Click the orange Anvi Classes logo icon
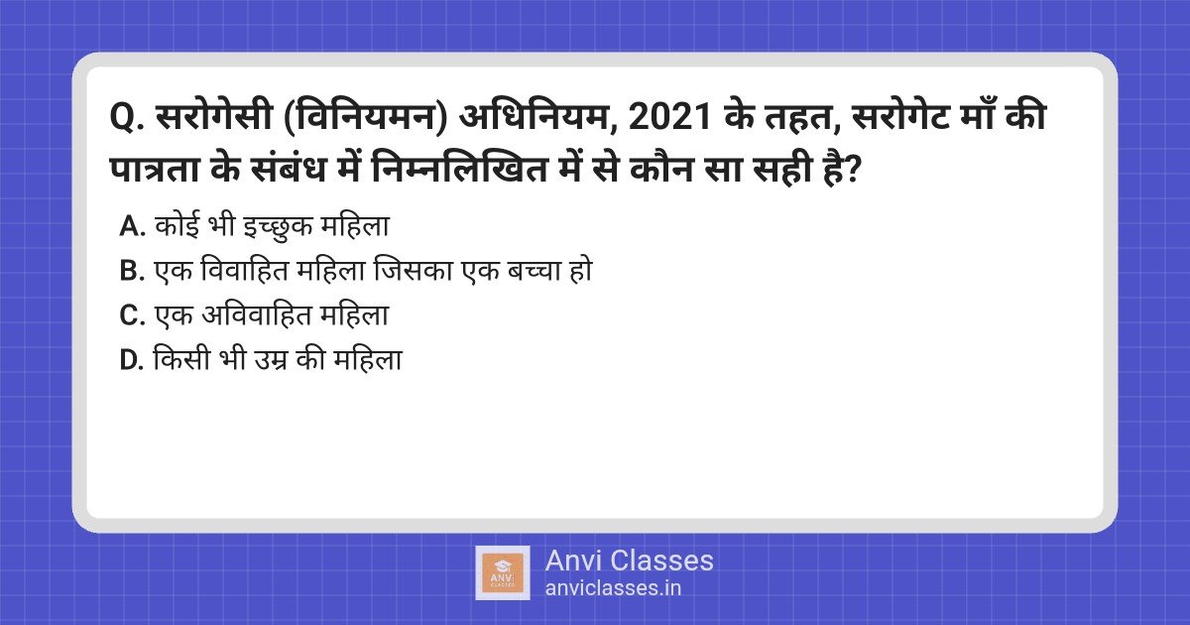tap(502, 572)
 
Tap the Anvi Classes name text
tap(629, 561)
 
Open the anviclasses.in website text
tap(613, 587)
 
